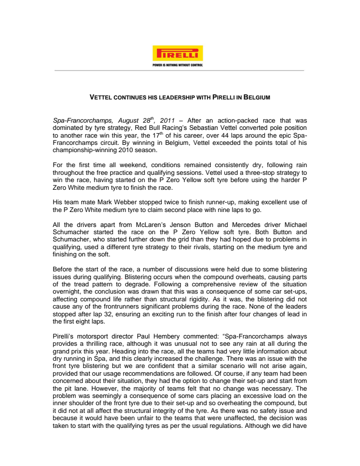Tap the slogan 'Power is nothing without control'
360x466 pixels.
point(178,64)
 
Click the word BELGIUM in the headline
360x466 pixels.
point(256,98)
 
